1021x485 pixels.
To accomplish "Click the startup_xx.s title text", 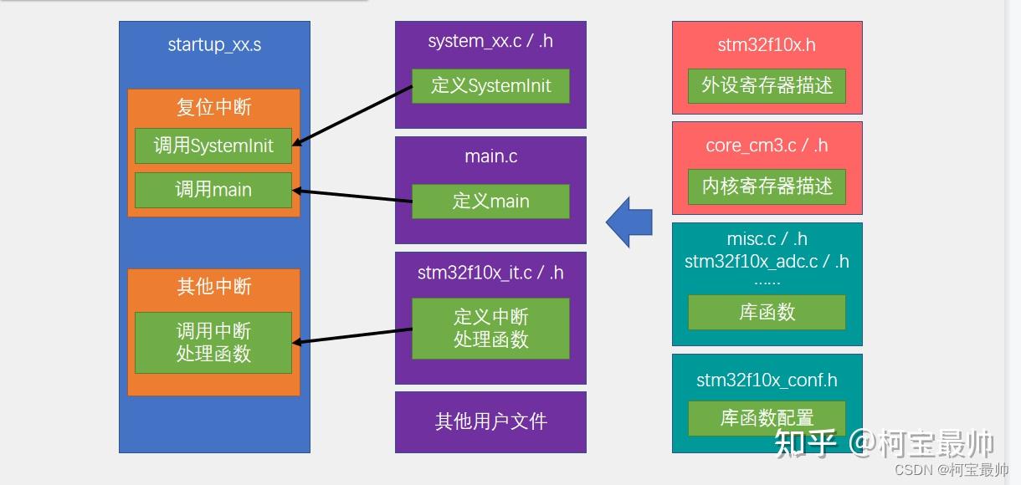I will [x=214, y=45].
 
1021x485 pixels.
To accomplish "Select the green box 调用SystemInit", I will [x=213, y=145].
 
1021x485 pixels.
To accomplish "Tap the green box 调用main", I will [x=213, y=190].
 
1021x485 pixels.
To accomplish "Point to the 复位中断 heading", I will [x=213, y=107].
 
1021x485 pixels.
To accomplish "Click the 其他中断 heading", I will [x=213, y=287].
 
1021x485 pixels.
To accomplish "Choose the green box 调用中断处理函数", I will [x=213, y=343].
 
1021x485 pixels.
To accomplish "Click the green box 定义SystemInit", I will [x=490, y=85].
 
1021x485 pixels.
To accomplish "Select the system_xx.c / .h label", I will [x=490, y=41].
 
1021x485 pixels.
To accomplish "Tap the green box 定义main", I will [x=490, y=202].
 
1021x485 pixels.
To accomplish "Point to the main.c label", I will [x=490, y=156].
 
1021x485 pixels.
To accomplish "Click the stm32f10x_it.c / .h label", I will [x=490, y=273].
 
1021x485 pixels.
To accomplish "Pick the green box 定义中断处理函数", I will [x=490, y=329].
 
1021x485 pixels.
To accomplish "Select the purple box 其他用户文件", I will [x=490, y=421].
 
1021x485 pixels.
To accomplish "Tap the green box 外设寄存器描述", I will [x=767, y=86].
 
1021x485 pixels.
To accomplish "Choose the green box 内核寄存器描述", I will [x=767, y=186].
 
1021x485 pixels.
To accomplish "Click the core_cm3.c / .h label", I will [x=767, y=145].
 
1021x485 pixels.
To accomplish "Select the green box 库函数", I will [x=767, y=313].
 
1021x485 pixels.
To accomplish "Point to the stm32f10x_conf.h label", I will [x=767, y=380].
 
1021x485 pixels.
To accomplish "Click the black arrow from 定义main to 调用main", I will [x=351, y=197].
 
